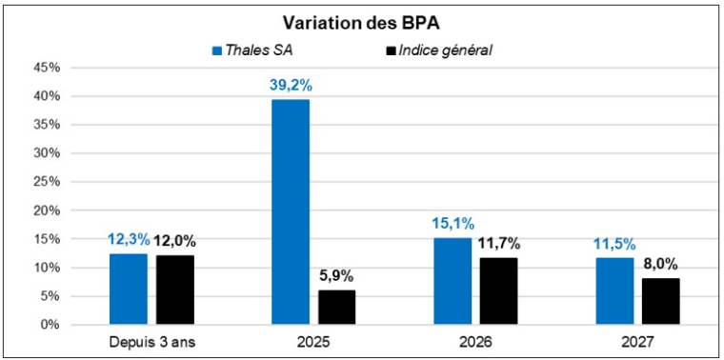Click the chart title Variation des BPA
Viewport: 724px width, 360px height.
pos(362,23)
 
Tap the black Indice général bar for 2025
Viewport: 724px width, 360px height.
pos(336,307)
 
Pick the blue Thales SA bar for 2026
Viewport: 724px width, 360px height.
pos(452,281)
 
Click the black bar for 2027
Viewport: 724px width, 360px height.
pos(660,301)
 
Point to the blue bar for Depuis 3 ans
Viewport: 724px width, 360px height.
pos(129,289)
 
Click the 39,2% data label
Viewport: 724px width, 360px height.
pos(291,85)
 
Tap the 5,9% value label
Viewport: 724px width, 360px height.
pos(336,276)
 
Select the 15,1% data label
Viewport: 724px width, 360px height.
pos(452,224)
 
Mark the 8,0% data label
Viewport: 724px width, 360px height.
pos(660,264)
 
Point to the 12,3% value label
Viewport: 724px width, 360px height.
pos(129,240)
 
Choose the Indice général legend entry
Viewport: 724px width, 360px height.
pos(447,50)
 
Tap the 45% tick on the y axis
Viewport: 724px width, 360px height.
pos(48,68)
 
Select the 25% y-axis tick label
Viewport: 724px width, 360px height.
pos(48,182)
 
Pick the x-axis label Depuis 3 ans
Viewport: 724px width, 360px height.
pos(151,342)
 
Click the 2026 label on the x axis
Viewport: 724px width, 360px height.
pos(475,342)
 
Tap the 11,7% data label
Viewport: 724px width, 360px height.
pos(498,243)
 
